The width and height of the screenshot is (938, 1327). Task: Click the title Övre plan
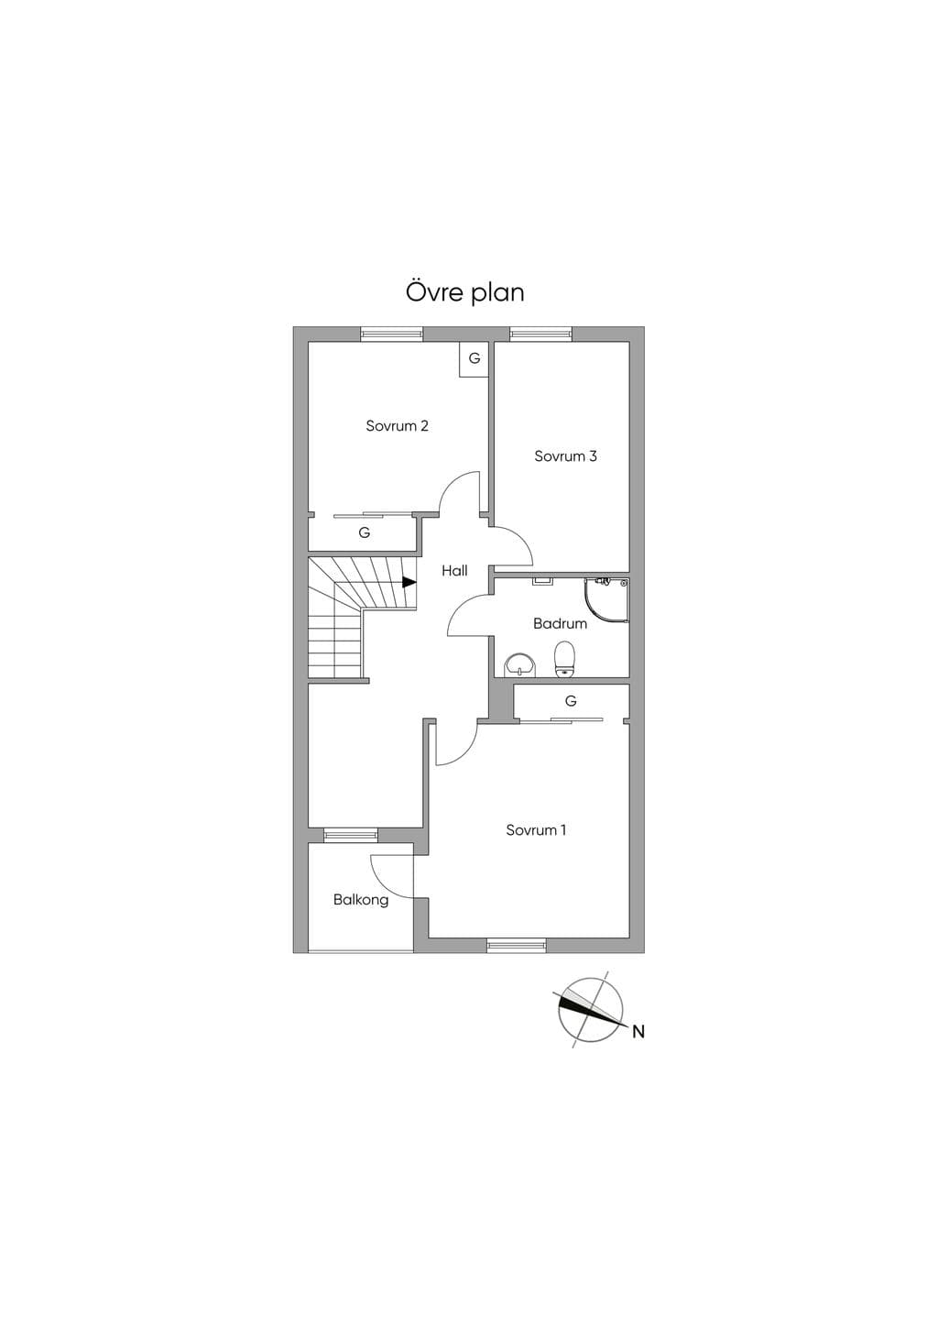[464, 292]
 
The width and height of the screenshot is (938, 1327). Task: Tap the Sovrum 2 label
[397, 426]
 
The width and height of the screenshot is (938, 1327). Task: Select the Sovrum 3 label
[565, 456]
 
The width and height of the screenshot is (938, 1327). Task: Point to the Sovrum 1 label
[536, 830]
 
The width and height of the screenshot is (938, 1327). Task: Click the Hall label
[454, 571]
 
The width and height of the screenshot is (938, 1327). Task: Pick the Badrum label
[561, 623]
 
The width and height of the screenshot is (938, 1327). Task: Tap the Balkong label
[361, 901]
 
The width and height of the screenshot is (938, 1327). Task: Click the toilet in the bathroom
[565, 658]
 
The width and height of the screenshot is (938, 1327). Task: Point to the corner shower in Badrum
[606, 600]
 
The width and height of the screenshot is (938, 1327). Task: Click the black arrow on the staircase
[409, 582]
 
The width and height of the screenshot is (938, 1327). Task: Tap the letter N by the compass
[638, 1032]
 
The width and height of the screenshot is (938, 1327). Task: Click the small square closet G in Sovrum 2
[474, 359]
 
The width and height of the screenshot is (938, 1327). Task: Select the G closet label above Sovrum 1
[571, 701]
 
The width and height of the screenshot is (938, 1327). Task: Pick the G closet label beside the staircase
[365, 533]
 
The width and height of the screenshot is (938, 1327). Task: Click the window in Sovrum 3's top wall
[541, 334]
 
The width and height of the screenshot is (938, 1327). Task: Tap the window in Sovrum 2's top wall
[392, 334]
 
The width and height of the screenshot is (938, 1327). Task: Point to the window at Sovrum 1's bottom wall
[516, 946]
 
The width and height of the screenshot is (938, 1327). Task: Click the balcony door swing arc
[385, 877]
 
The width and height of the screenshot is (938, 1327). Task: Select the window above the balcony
[351, 835]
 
